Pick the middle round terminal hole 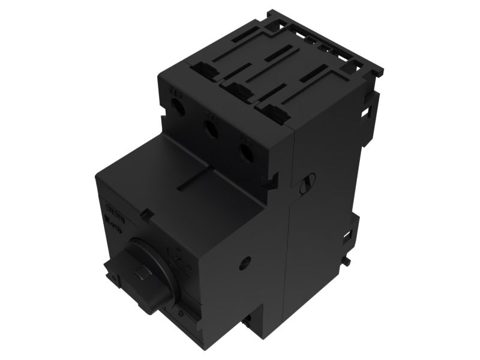coord(211,129)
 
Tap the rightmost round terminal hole coord(246,150)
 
